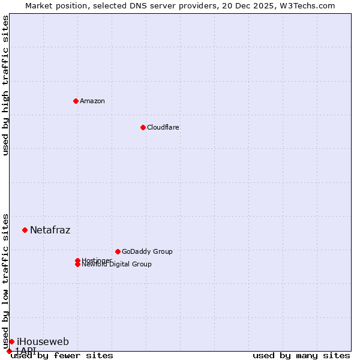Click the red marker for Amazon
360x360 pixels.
coord(76,101)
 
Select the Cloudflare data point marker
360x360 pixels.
coord(143,127)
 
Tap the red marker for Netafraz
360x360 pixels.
coord(25,230)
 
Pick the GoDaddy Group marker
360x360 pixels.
coord(118,251)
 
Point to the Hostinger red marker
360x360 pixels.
coord(77,260)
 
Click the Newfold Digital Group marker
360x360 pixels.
coord(77,265)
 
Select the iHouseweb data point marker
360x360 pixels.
coord(11,341)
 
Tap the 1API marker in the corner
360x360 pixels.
coord(9,351)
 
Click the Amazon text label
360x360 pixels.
coord(92,101)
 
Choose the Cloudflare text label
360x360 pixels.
coord(163,127)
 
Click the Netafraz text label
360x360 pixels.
coord(50,230)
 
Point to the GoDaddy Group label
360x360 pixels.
coord(147,251)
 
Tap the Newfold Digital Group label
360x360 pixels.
coord(116,265)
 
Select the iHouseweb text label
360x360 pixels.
coord(43,342)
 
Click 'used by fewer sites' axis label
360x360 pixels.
coord(62,355)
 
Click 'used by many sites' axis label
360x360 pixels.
coord(301,355)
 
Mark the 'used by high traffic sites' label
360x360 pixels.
coord(5,85)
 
